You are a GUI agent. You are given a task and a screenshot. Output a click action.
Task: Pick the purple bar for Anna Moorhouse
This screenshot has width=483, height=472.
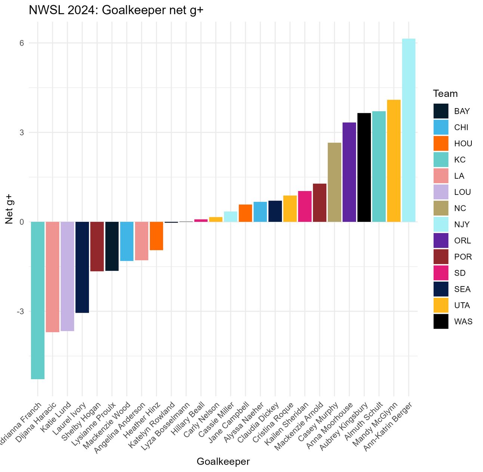[x=349, y=172]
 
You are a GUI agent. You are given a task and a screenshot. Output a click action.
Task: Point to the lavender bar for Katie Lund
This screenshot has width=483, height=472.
[x=67, y=276]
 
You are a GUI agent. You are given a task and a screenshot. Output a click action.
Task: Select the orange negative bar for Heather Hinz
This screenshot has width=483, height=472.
[x=156, y=236]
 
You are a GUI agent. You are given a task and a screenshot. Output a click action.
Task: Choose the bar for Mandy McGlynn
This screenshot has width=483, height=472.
[x=394, y=161]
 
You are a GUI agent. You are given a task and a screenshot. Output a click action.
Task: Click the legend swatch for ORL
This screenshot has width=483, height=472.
[x=441, y=240]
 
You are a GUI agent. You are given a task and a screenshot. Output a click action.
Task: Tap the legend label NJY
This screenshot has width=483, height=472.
[x=462, y=224]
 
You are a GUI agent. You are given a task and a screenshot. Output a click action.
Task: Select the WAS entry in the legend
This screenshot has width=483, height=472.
[x=463, y=322]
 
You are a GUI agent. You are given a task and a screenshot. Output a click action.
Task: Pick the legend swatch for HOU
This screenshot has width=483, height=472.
[x=441, y=144]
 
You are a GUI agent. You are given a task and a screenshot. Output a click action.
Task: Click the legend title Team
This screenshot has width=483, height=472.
[x=445, y=94]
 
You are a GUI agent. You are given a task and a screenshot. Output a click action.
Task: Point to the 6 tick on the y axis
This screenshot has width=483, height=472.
[x=22, y=43]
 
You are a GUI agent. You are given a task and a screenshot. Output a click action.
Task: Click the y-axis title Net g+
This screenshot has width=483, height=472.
[x=9, y=209]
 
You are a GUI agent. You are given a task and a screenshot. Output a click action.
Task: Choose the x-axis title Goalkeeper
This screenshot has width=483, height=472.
[x=223, y=462]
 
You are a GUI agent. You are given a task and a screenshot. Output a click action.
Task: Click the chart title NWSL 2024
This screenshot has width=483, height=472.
[x=116, y=10]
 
